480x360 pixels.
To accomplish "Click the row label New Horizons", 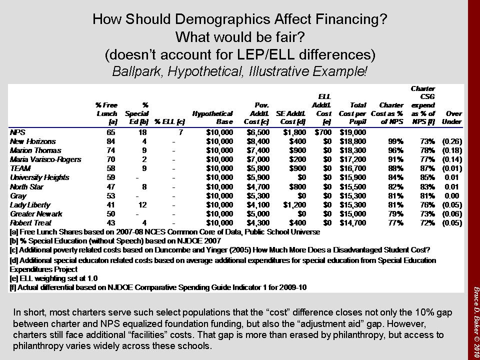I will pyautogui.click(x=33, y=141).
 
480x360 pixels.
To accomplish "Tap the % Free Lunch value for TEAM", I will pyautogui.click(x=112, y=168).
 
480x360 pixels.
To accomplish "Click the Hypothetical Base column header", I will pyautogui.click(x=212, y=117).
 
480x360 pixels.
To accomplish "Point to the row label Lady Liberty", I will pyautogui.click(x=29, y=205).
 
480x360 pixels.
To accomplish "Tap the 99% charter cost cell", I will pyautogui.click(x=395, y=141).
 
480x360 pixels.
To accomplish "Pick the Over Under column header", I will pyautogui.click(x=453, y=117).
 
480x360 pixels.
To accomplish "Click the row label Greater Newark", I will pyautogui.click(x=36, y=214).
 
